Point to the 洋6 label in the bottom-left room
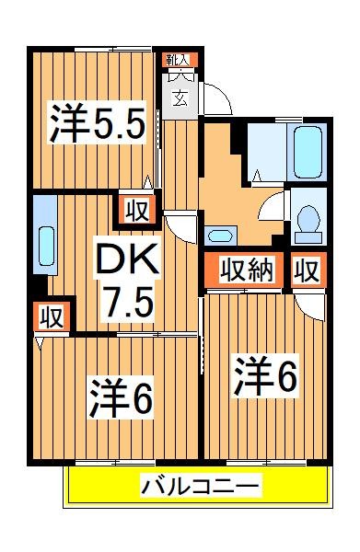click(121, 397)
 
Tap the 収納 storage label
click(247, 270)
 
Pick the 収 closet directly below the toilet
click(308, 270)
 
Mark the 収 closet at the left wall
click(51, 317)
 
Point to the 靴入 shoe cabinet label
click(179, 60)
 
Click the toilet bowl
click(308, 222)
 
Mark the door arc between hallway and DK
click(180, 225)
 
